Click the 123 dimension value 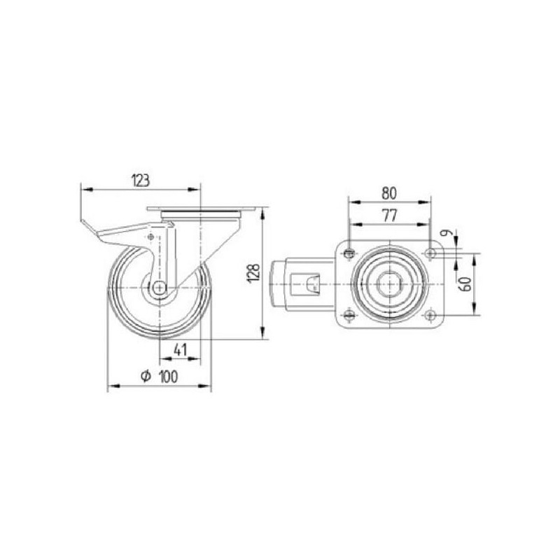(x=141, y=181)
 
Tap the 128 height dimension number (x=254, y=274)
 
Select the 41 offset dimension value (x=180, y=350)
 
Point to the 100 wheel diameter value (x=168, y=377)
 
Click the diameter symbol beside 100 (x=146, y=376)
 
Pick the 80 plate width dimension (x=389, y=193)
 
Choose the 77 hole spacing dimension (x=389, y=216)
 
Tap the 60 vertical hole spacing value (x=466, y=284)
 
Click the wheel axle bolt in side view (x=160, y=288)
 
